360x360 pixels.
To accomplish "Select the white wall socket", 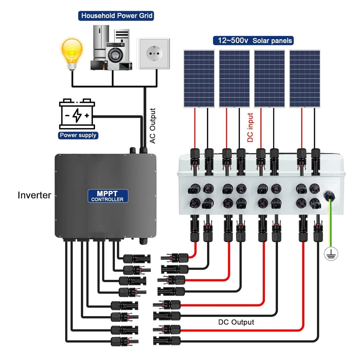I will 154,53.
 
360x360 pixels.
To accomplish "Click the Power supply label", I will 78,135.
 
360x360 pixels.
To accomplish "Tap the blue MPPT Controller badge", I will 108,196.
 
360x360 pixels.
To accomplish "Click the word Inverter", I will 34,195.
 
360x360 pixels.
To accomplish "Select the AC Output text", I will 153,126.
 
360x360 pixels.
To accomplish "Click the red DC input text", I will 250,128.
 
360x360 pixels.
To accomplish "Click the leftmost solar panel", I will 199,79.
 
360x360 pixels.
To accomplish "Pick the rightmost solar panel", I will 305,79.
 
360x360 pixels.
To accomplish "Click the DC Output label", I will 236,322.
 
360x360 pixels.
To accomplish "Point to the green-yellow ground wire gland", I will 329,197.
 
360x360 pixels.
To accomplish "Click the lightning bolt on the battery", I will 77,115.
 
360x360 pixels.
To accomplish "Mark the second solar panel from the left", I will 234,79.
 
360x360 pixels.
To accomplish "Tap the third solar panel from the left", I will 269,79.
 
